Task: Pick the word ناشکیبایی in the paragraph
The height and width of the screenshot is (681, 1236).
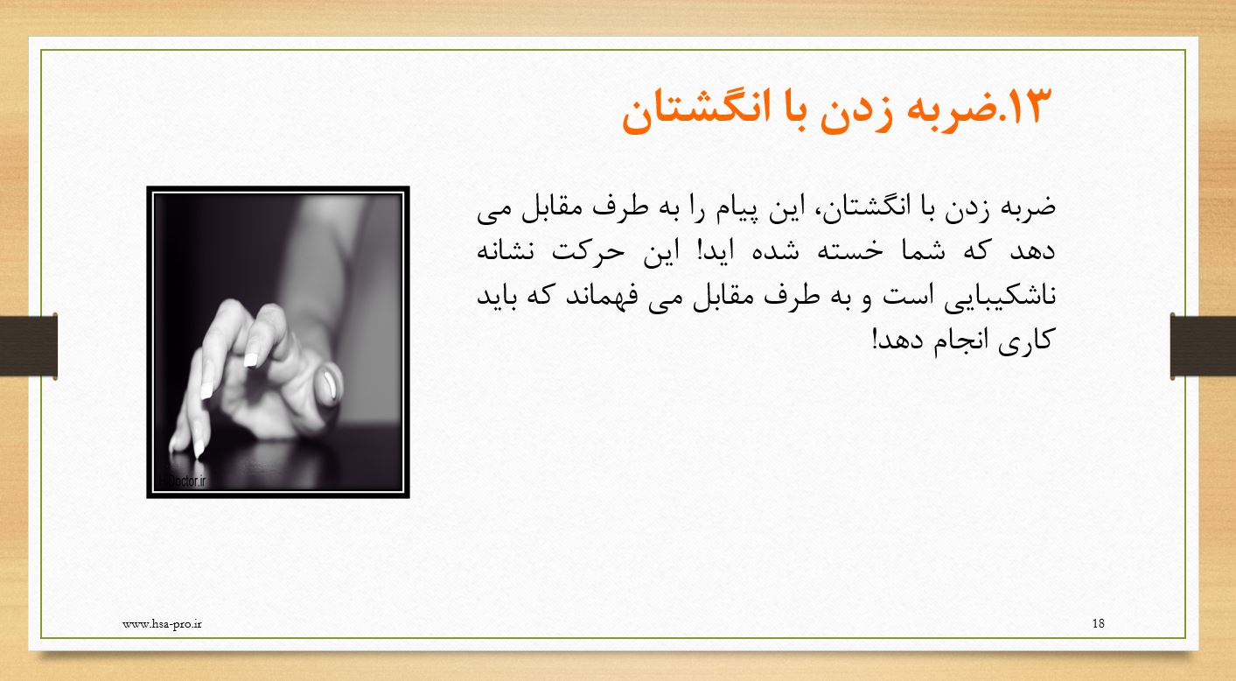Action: (x=1000, y=297)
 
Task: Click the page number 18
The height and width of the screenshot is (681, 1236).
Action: (x=1098, y=623)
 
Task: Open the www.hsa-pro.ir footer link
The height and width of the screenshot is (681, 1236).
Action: (x=162, y=624)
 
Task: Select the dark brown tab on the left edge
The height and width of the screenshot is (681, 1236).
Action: (x=29, y=346)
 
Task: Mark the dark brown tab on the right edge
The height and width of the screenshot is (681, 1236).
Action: (x=1203, y=346)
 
